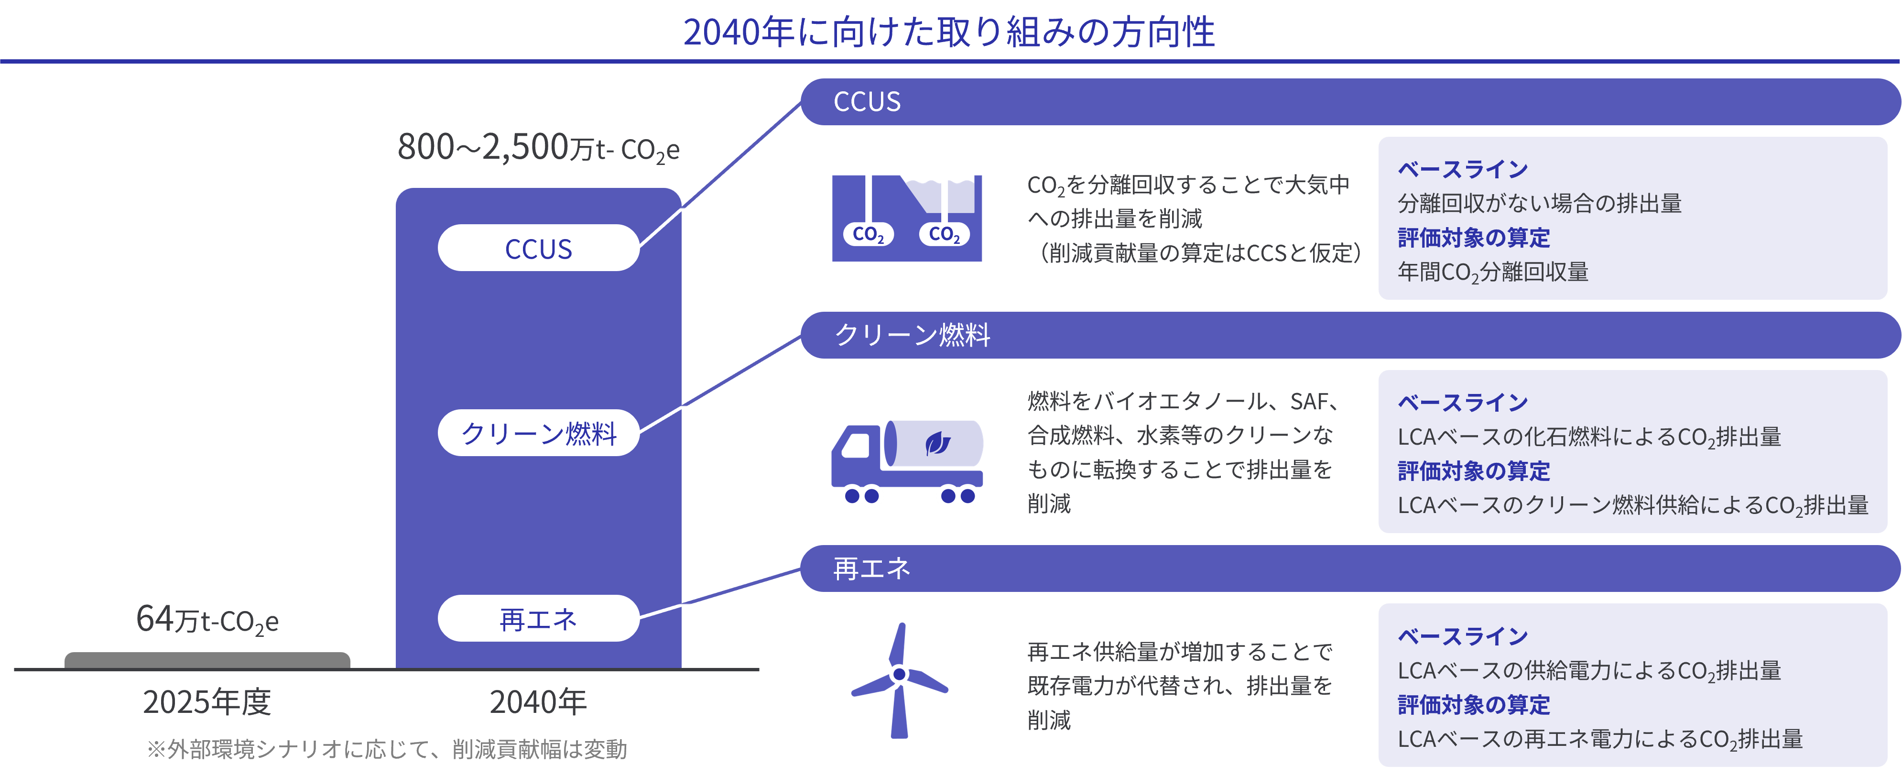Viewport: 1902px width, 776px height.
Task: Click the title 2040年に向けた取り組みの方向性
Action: click(x=949, y=33)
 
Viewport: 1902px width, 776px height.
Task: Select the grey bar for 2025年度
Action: click(x=207, y=660)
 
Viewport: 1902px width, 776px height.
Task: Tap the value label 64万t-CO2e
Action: click(x=207, y=620)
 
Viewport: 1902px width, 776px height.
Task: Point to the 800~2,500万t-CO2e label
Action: click(x=538, y=148)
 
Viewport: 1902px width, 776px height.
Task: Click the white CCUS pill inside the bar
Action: click(x=538, y=248)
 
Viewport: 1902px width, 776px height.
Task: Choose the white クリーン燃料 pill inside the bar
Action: click(x=538, y=433)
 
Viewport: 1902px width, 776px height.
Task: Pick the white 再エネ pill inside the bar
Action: click(x=538, y=619)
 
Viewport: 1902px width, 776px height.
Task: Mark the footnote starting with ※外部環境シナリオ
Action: click(x=387, y=749)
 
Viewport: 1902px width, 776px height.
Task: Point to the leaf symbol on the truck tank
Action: click(x=938, y=443)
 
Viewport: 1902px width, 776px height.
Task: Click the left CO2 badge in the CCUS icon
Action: click(x=868, y=234)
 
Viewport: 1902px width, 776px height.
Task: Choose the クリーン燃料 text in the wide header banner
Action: click(x=913, y=335)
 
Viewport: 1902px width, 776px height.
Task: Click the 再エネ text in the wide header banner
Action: click(x=872, y=568)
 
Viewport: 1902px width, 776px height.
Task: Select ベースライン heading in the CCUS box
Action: click(x=1463, y=169)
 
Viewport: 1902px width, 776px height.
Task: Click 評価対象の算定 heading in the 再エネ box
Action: click(x=1474, y=704)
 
